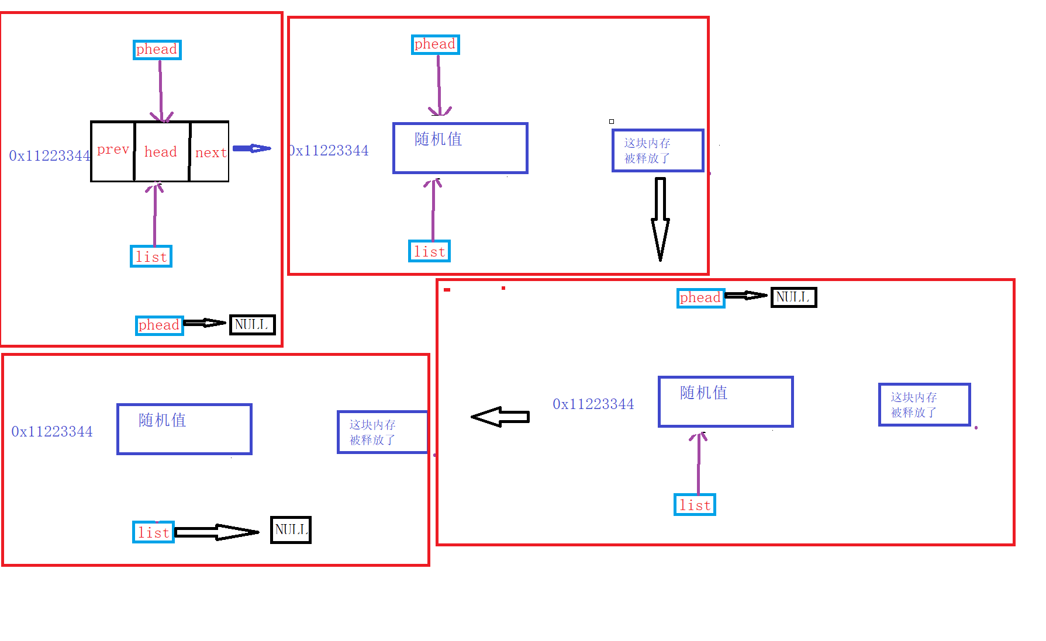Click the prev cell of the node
click(113, 151)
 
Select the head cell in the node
click(161, 152)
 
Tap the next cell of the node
click(210, 152)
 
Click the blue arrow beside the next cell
click(252, 148)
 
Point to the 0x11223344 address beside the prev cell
click(50, 156)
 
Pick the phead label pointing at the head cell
click(157, 50)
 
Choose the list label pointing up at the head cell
click(151, 257)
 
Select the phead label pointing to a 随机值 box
click(435, 44)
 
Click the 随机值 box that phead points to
click(460, 148)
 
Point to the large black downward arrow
click(660, 219)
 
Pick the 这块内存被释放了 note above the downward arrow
click(658, 151)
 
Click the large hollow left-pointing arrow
click(500, 417)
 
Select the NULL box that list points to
click(291, 530)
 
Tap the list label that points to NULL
click(153, 532)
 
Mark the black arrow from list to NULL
click(216, 532)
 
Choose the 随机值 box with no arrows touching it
click(184, 429)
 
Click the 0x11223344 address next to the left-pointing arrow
click(593, 404)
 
